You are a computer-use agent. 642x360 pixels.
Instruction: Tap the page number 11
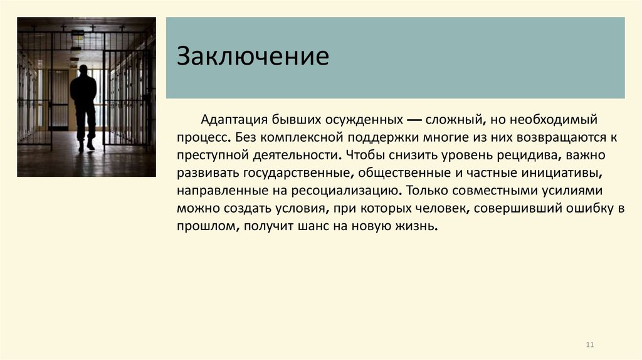(589, 345)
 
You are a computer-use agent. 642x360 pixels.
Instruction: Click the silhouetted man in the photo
(83, 105)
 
